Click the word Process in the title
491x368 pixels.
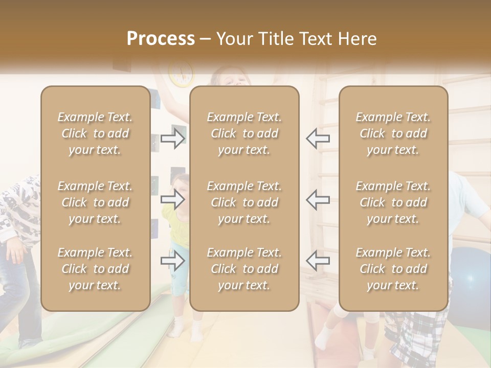click(161, 39)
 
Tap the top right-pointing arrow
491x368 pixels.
click(172, 139)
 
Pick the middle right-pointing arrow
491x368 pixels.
click(172, 199)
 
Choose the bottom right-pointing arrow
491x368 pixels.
click(172, 261)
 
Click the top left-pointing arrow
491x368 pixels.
click(318, 139)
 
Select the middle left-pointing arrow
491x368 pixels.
click(318, 199)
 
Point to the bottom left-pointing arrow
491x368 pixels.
click(318, 260)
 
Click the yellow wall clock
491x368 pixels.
click(181, 74)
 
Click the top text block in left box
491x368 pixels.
click(95, 133)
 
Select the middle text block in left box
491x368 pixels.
click(95, 202)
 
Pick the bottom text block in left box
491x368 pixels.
click(95, 269)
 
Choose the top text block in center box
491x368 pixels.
click(244, 133)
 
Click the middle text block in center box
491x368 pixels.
click(244, 202)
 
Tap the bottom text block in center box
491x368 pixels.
click(244, 269)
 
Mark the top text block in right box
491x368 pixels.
click(393, 133)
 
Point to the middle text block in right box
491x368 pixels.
click(393, 202)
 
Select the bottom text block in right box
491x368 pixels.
click(393, 269)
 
